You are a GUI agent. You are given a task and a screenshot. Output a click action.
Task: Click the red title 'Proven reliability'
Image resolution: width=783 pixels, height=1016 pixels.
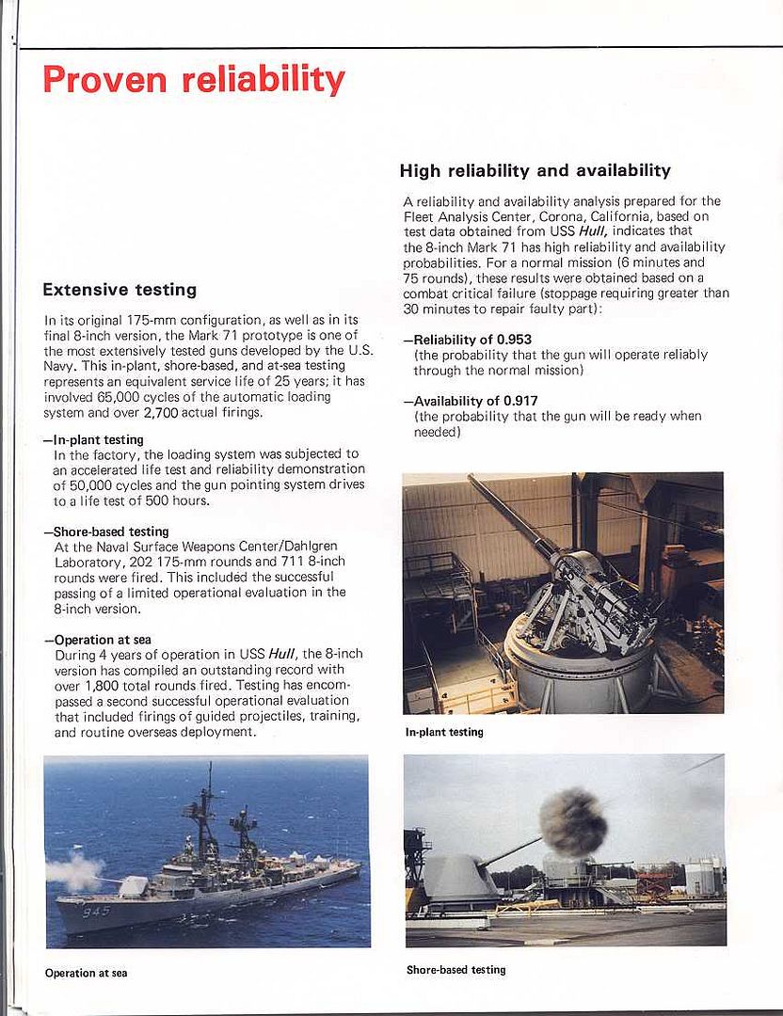[193, 79]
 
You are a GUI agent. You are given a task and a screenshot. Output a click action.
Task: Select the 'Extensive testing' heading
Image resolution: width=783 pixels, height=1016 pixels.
[120, 290]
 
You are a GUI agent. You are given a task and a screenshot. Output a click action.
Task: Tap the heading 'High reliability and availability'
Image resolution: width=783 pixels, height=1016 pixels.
[535, 171]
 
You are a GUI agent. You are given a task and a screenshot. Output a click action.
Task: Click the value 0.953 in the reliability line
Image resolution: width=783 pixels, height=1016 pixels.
[517, 340]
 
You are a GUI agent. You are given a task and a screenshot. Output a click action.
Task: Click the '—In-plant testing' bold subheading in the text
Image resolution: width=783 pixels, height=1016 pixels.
[93, 439]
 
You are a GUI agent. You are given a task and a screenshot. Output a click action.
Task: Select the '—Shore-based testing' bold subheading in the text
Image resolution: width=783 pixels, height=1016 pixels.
[105, 532]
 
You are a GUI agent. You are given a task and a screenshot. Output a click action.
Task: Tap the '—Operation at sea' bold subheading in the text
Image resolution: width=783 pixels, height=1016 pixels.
[97, 640]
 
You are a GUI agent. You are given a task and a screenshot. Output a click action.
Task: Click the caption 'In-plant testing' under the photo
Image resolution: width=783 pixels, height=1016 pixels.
[444, 732]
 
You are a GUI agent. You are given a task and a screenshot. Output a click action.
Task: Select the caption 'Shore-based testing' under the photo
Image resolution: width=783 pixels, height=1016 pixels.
[455, 969]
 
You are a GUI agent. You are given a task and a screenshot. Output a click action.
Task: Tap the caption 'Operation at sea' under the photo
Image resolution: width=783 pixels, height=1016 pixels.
[86, 973]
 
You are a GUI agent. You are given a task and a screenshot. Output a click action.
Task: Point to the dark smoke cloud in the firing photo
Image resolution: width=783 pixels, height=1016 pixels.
[572, 822]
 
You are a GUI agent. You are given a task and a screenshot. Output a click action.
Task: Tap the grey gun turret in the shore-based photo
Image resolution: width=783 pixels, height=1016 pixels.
[458, 877]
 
